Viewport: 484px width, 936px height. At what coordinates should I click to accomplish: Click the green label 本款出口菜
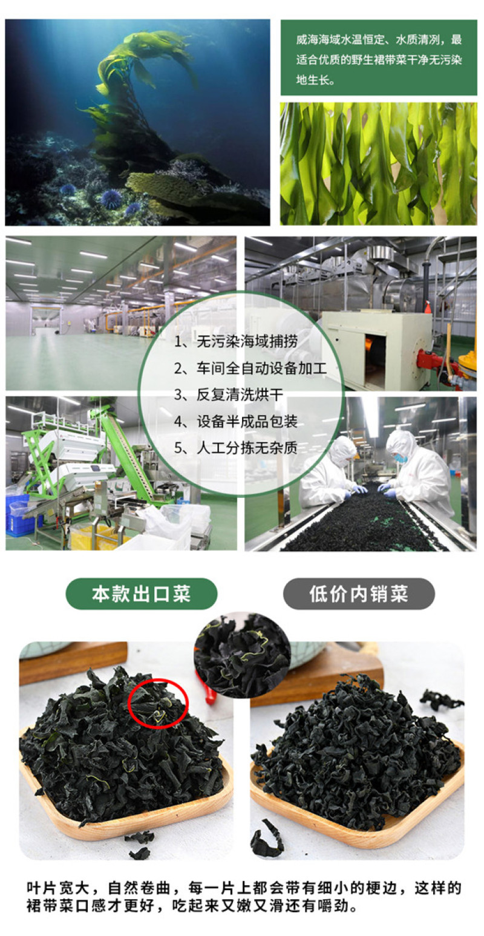tap(142, 594)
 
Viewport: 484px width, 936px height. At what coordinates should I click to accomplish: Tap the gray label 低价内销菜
tap(359, 594)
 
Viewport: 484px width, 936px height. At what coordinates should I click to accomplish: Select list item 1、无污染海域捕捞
tap(236, 342)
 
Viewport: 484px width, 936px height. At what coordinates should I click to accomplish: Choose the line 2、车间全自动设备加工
tap(250, 368)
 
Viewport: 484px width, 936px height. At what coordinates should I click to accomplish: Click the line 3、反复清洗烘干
tap(229, 394)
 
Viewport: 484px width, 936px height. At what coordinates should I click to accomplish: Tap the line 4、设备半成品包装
tap(236, 421)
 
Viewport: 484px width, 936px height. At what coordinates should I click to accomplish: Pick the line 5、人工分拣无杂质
tap(236, 448)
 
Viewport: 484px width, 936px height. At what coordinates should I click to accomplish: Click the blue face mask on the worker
tap(401, 458)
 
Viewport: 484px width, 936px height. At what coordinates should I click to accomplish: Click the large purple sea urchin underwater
tap(111, 198)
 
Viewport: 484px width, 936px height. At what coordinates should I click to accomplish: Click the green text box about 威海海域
tap(379, 57)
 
